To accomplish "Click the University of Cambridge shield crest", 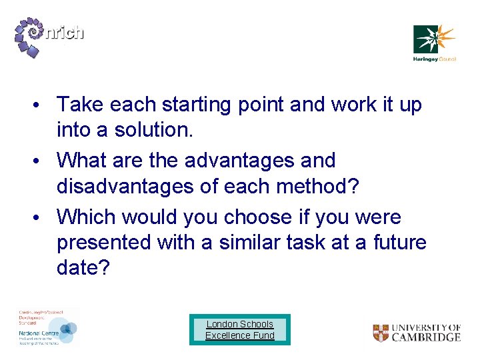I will [x=381, y=333].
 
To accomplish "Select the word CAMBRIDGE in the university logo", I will [x=425, y=337].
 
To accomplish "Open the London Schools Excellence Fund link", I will [x=240, y=329].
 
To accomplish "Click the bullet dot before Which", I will [x=41, y=217].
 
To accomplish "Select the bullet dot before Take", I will [x=41, y=105].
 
